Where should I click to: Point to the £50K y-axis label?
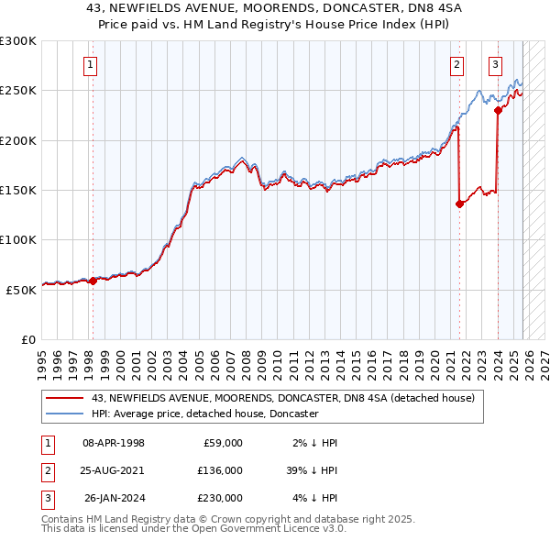click(x=21, y=290)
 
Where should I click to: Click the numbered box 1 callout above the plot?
click(x=92, y=64)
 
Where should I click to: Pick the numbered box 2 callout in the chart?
click(x=456, y=64)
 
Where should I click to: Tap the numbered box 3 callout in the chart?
click(x=495, y=64)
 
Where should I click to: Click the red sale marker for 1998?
click(x=93, y=281)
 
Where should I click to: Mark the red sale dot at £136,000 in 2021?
click(x=459, y=204)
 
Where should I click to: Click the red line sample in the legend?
click(x=66, y=399)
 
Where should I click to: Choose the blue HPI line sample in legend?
click(x=66, y=414)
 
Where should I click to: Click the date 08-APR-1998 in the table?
click(x=114, y=443)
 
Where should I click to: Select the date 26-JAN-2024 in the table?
click(x=114, y=498)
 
